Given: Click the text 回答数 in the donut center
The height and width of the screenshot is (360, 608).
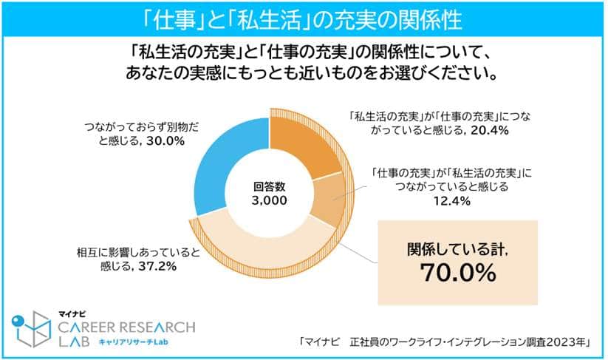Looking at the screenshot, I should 270,186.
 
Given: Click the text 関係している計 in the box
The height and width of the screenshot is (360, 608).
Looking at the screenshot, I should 453,248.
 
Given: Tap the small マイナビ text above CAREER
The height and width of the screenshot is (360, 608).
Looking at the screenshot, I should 75,312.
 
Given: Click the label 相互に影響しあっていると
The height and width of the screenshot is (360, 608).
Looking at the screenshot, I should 138,252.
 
